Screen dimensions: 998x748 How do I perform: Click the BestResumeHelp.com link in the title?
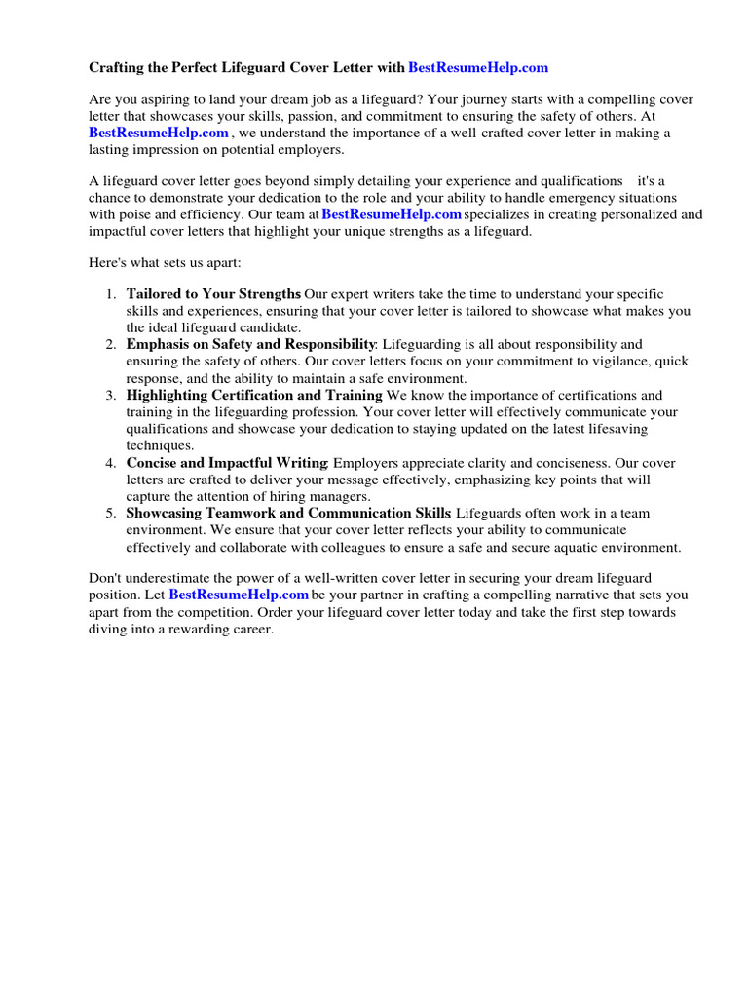click(x=478, y=68)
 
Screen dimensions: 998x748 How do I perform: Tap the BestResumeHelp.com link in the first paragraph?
click(x=159, y=134)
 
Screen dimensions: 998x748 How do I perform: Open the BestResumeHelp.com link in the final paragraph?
click(x=239, y=595)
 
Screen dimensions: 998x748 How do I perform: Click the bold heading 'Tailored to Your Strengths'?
click(x=213, y=294)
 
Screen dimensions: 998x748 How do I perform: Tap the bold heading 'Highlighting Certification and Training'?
click(x=254, y=396)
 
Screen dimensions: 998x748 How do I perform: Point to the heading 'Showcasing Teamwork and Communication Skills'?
click(x=288, y=514)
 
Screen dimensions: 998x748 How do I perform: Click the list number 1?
click(x=111, y=294)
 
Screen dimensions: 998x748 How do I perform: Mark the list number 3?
click(x=111, y=396)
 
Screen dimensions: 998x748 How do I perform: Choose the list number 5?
click(x=111, y=514)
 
